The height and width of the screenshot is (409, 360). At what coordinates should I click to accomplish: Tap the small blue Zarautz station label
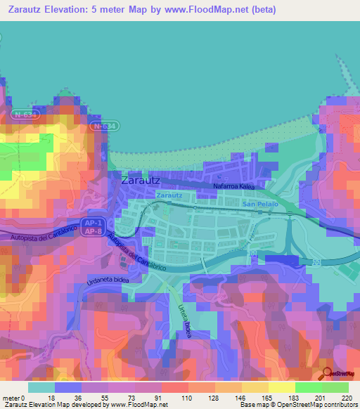click(169, 195)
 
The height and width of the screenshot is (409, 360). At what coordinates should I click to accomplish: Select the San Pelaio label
click(260, 204)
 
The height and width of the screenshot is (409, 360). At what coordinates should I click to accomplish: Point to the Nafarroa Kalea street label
click(233, 187)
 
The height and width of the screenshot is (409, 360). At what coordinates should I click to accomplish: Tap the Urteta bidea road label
click(184, 319)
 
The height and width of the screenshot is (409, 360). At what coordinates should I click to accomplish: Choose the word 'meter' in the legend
click(11, 397)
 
